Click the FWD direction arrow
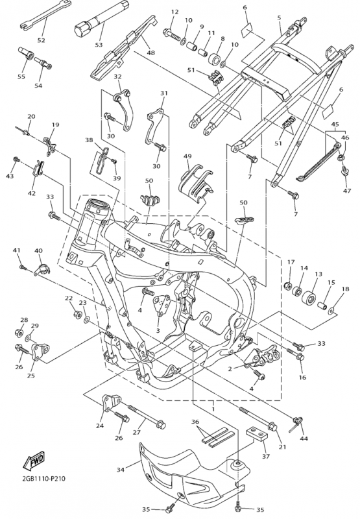34,460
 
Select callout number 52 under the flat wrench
41,40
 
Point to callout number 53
99,45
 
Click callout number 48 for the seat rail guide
150,53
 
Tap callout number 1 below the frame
213,409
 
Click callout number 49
187,156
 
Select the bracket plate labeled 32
125,109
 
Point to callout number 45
335,125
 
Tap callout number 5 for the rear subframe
279,18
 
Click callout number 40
38,251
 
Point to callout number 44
304,439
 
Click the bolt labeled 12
171,34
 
